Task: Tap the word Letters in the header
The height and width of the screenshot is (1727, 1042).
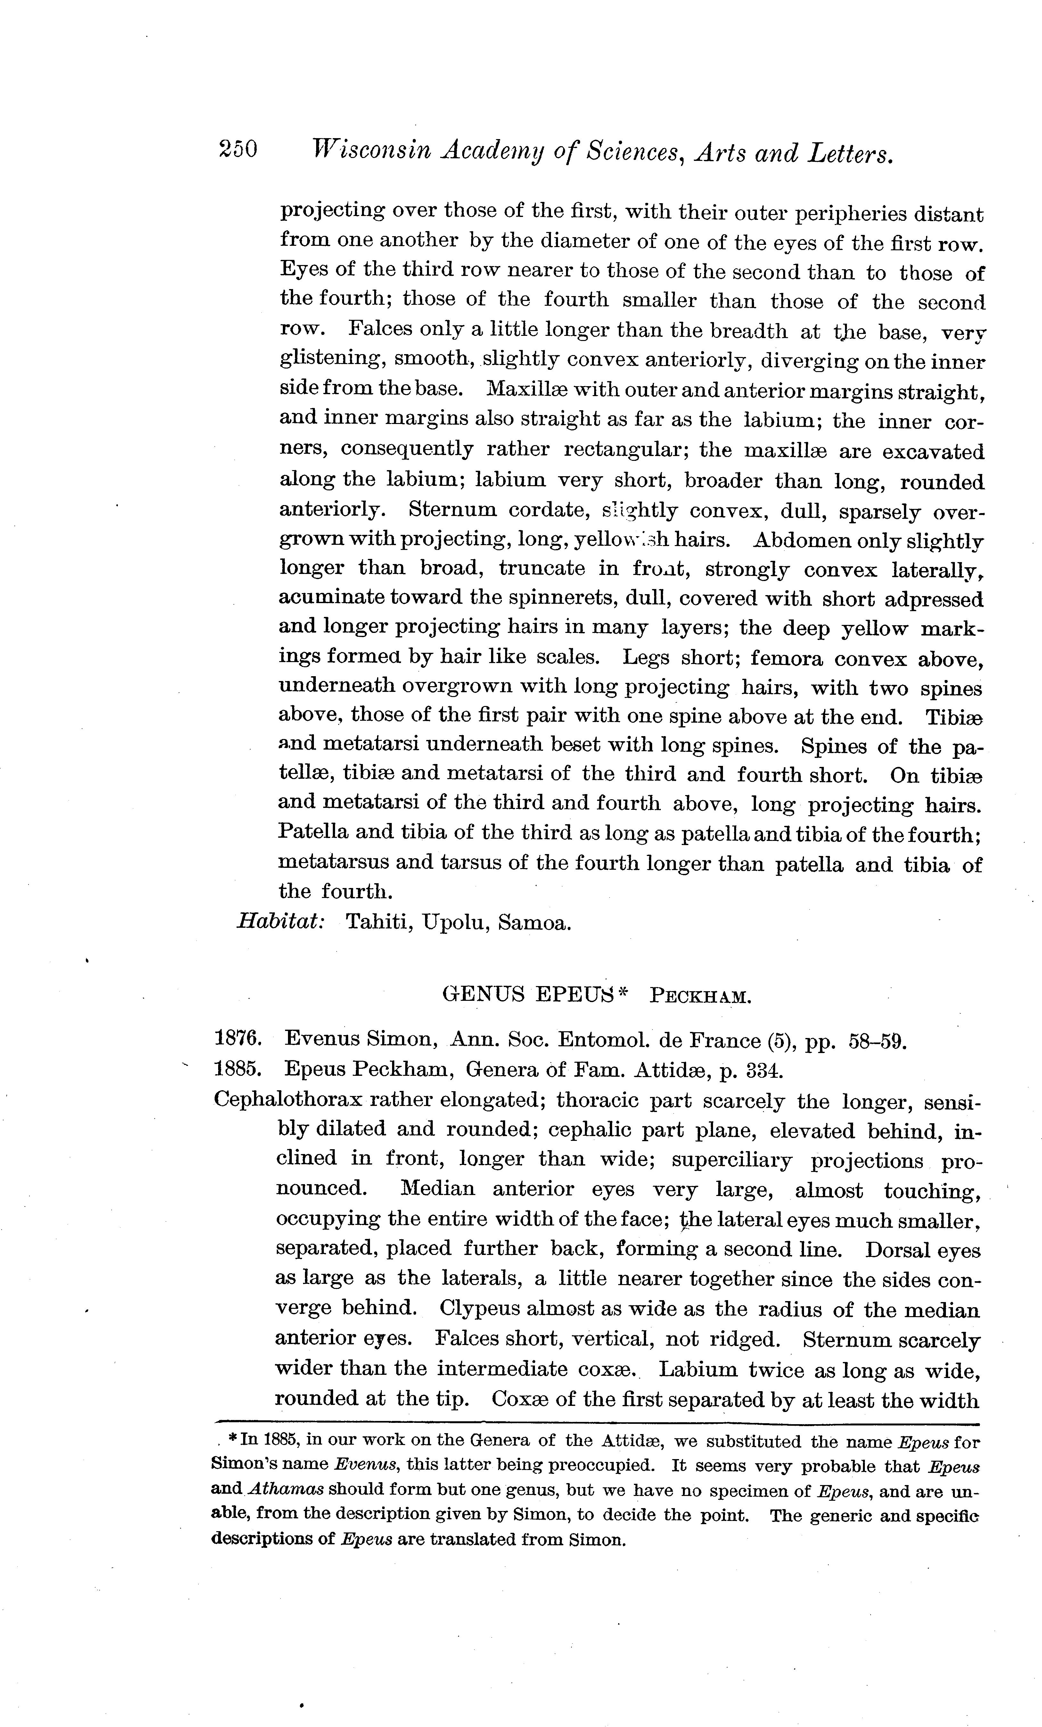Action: (x=851, y=153)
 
